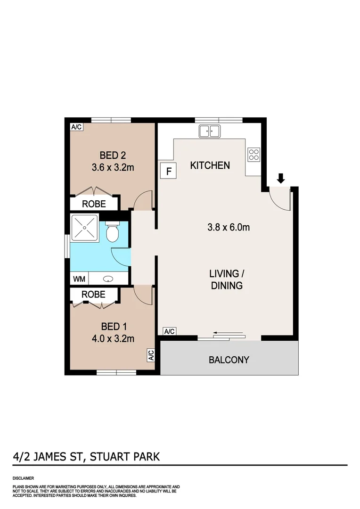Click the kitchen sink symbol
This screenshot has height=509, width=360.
coord(209,131)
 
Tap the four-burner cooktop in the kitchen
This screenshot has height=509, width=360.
coord(254,155)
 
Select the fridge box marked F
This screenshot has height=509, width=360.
coord(168,171)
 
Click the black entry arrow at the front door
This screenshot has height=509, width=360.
coord(281,178)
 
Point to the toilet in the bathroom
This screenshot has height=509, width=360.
coord(112,232)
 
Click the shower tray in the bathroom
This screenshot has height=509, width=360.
coord(84,229)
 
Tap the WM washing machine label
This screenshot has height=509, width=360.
coord(79,279)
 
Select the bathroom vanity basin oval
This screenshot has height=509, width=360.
coord(108,279)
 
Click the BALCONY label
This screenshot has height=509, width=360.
coord(229,360)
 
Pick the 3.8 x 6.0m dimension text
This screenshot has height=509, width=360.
coord(229,228)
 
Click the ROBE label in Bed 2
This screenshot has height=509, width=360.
coord(94,204)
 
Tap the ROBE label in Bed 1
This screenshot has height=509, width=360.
coord(93,294)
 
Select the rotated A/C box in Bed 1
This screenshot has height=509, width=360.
coord(151,355)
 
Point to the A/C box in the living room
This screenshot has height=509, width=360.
coord(169,331)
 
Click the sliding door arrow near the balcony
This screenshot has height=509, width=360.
coord(229,334)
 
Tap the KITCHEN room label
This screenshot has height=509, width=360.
coord(210,165)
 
